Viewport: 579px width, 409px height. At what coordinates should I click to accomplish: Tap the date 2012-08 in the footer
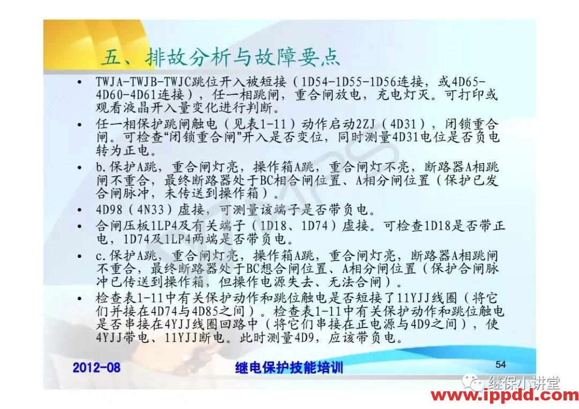coord(96,367)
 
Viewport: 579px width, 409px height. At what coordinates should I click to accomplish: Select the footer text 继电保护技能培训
coord(289,368)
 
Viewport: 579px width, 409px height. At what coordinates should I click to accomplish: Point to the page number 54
coord(500,365)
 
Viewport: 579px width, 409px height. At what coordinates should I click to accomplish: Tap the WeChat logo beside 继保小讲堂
coord(474,382)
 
